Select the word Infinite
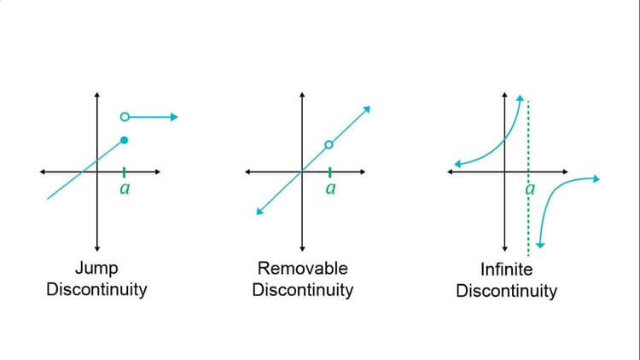[506, 270]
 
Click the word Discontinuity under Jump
[96, 289]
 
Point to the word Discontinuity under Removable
[302, 289]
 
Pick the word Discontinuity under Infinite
[506, 291]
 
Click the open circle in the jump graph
[125, 116]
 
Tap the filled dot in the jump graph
[125, 140]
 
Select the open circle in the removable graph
[329, 145]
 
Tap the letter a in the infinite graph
[529, 189]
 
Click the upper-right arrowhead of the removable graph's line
[367, 108]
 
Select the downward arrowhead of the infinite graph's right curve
[541, 245]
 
